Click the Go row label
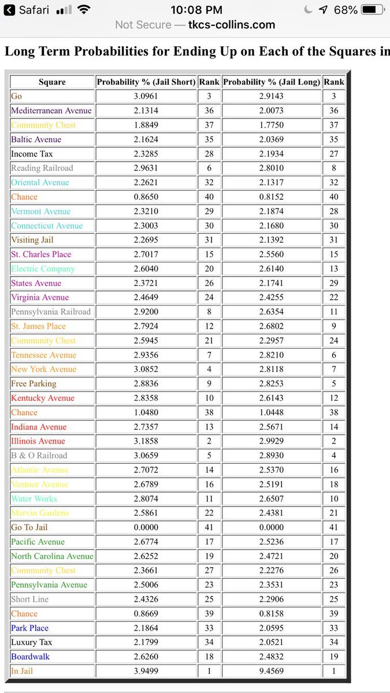tap(16, 96)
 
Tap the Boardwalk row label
tap(30, 657)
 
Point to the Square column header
tap(52, 82)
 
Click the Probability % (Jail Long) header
tap(271, 82)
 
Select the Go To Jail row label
tap(29, 527)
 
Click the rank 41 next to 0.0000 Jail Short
tap(209, 527)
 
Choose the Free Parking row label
tap(34, 383)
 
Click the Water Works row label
tap(34, 498)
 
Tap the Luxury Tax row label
tap(31, 642)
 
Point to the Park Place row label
tap(29, 628)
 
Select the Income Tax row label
tap(32, 154)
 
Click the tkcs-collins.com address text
tap(231, 25)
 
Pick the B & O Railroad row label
tap(39, 456)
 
